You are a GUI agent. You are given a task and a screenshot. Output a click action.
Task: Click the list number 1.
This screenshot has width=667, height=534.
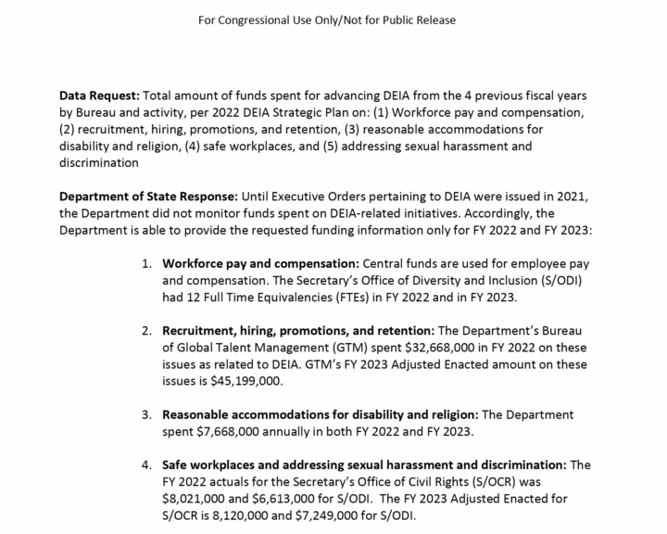[x=147, y=262]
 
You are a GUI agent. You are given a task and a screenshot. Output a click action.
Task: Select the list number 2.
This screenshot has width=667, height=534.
[x=147, y=329]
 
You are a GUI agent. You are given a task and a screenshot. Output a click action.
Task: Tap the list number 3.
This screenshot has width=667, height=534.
[x=147, y=413]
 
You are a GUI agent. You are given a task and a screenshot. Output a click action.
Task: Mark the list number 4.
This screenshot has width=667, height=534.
[x=147, y=464]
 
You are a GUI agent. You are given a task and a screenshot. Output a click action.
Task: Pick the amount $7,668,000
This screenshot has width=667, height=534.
[x=241, y=430]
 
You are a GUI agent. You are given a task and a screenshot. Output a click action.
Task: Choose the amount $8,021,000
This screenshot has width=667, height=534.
[x=200, y=498]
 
